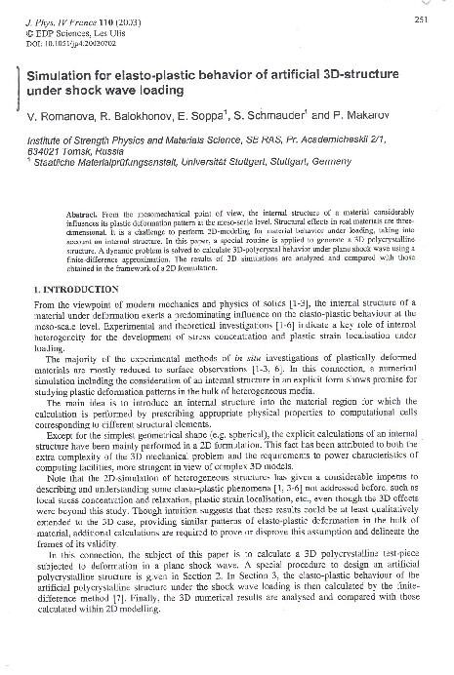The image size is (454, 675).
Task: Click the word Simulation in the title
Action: [58, 75]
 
